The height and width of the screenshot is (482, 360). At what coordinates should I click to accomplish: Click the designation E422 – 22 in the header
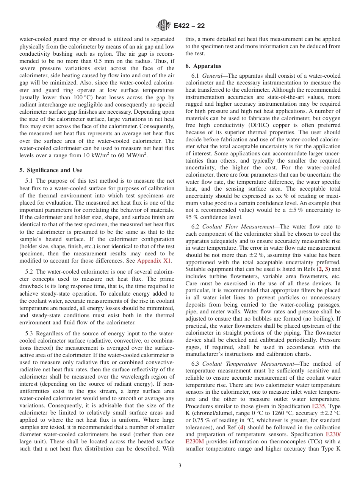[x=189, y=26]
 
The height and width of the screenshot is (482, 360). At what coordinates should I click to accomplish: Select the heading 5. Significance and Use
[x=51, y=170]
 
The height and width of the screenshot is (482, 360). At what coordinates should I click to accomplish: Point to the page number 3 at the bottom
[x=180, y=466]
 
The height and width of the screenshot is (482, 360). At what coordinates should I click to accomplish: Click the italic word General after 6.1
[x=212, y=76]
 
